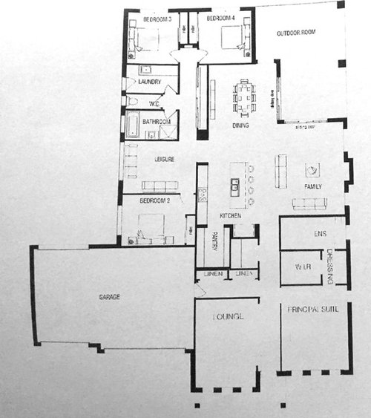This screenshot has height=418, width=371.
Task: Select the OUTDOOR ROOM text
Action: click(296, 33)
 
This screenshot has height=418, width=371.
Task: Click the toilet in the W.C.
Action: click(131, 101)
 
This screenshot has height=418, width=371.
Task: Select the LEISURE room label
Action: click(164, 159)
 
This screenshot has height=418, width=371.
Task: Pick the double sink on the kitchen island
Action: click(235, 184)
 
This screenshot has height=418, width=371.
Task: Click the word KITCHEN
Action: click(230, 215)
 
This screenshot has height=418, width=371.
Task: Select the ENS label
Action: click(321, 235)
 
